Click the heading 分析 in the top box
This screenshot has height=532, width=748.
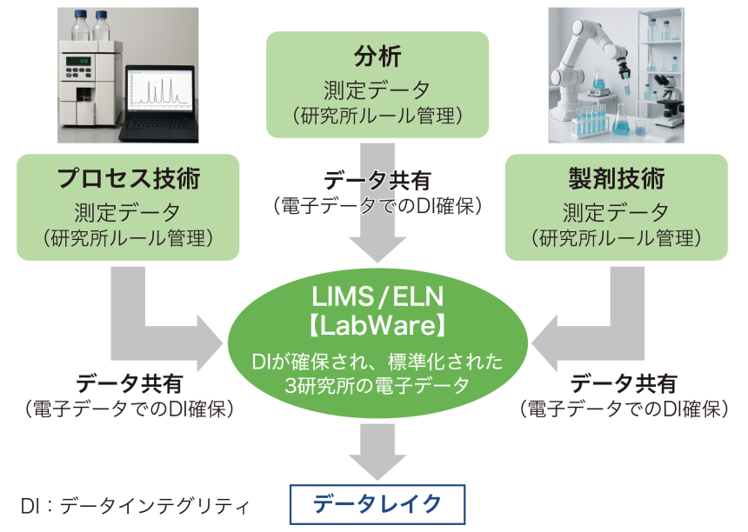coord(377,57)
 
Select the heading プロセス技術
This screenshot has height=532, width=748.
coord(129,179)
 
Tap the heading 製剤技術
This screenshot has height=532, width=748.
coord(616,179)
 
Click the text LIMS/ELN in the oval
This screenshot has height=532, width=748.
coord(377,298)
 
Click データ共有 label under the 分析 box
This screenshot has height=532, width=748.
coord(377,182)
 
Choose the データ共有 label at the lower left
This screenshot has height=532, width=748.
coord(130,383)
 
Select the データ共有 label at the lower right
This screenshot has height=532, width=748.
coord(623,383)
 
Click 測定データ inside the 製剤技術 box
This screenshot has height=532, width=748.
coord(616,211)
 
